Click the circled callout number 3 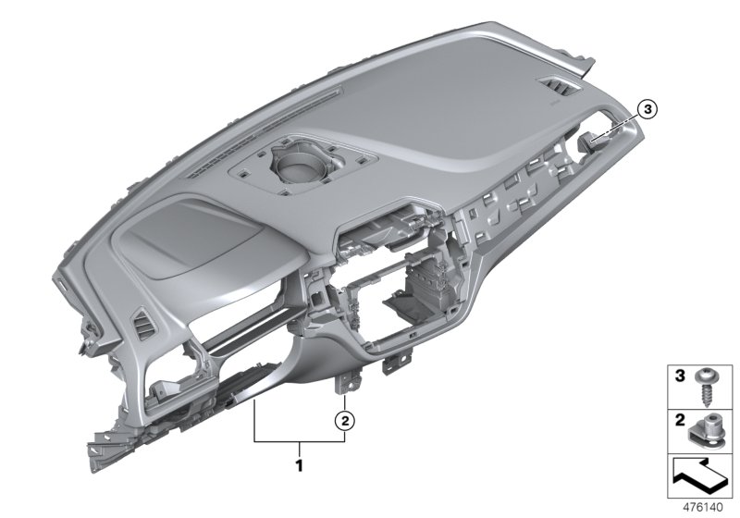click(647, 110)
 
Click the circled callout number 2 click(344, 420)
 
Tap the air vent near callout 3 click(562, 90)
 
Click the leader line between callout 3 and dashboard click(618, 125)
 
